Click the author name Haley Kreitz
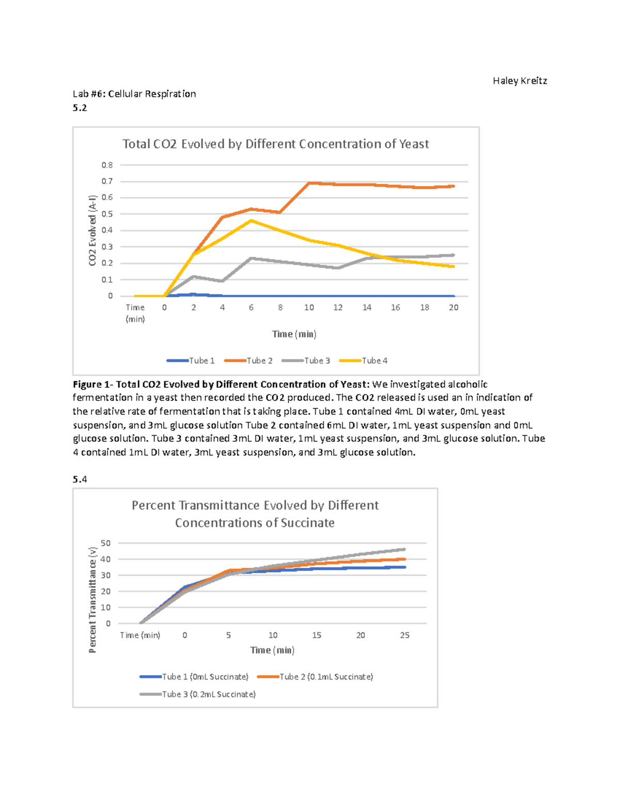tap(519, 81)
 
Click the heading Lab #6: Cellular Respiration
tap(134, 94)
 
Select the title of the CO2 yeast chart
tap(275, 144)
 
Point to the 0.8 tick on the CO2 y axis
tap(107, 165)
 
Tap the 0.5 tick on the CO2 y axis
tap(107, 214)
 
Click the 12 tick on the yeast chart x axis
tap(338, 308)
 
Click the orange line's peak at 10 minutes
tap(309, 183)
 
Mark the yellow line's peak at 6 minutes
tap(251, 221)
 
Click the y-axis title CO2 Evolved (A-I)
tap(92, 231)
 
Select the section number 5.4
tap(80, 479)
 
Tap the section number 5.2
tap(80, 108)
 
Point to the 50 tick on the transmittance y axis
tap(106, 543)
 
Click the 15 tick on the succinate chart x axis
tap(317, 635)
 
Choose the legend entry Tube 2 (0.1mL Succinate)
tap(316, 676)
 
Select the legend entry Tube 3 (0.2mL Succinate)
tap(198, 694)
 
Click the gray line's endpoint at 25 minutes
tap(404, 549)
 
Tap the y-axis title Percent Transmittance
tap(92, 600)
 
